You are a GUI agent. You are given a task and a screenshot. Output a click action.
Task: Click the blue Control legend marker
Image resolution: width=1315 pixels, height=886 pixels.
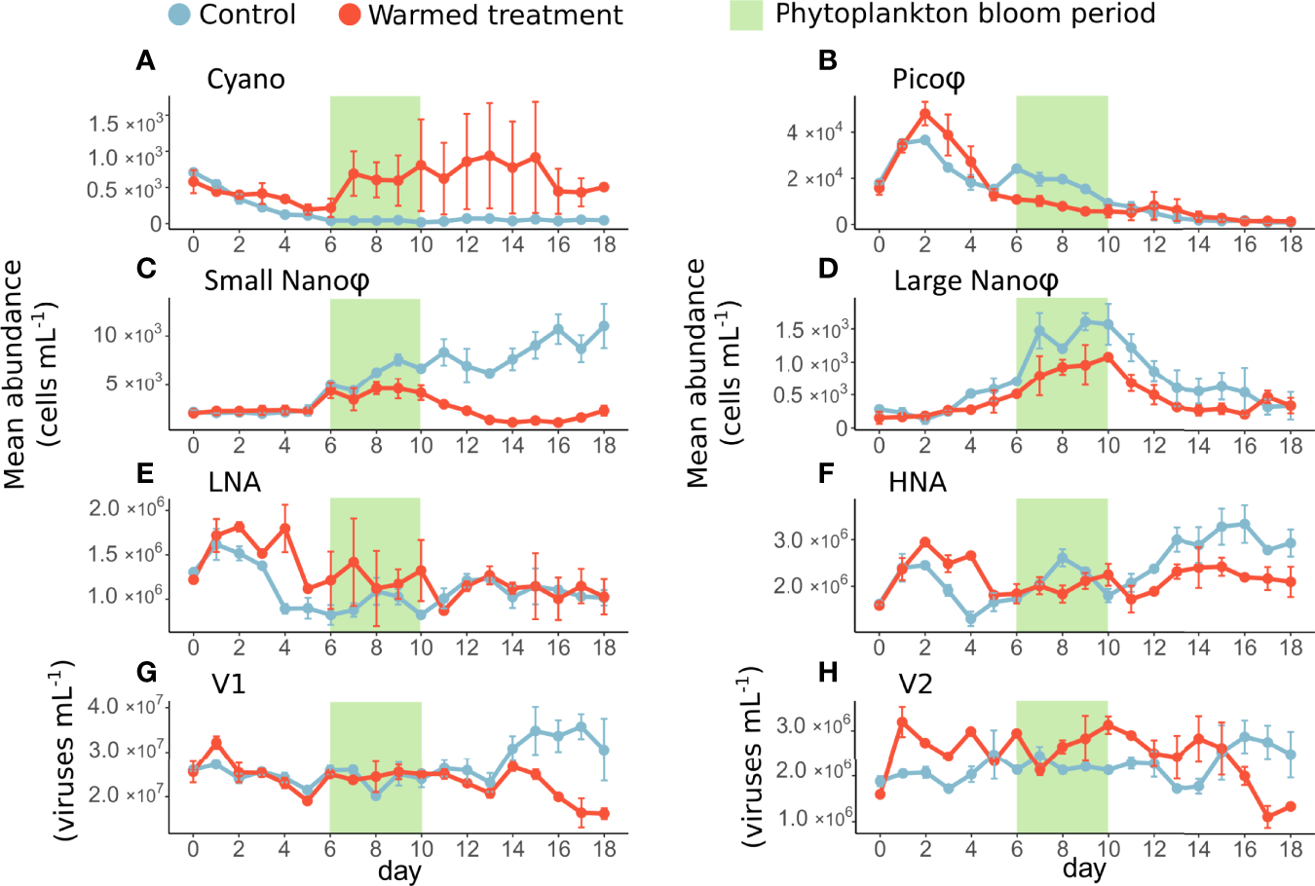coord(178,15)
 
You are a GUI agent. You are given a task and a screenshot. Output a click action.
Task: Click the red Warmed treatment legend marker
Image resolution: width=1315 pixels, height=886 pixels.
coord(350,15)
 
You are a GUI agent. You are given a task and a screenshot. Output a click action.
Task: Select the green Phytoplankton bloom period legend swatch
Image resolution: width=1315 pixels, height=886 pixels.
coord(746,15)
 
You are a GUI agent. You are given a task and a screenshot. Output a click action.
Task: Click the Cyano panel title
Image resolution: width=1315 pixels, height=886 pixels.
coord(245,79)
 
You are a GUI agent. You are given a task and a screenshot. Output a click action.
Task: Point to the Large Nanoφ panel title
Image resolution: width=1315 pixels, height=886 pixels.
coord(976,281)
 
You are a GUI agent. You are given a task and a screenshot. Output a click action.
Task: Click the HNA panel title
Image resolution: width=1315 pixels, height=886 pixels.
coord(917,482)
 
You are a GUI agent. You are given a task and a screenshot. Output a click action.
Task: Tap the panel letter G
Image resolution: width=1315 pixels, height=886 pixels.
coord(146,672)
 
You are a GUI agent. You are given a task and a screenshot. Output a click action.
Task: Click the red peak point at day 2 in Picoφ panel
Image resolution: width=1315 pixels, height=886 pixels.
coord(925,113)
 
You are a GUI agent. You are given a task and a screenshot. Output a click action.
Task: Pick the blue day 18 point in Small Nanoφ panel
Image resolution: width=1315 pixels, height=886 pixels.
coord(604,326)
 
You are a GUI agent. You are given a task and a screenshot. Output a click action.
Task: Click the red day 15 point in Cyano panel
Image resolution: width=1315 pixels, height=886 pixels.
coord(536,157)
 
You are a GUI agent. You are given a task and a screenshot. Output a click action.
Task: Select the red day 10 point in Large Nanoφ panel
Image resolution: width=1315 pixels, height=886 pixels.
coord(1108,357)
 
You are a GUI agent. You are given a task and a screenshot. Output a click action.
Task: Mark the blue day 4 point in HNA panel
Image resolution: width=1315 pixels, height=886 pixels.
coord(971,618)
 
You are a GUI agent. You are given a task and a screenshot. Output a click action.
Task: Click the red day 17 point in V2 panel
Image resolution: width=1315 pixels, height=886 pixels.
coord(1268,816)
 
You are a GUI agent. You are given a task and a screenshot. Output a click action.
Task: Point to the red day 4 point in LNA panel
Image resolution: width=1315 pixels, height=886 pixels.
coord(285,529)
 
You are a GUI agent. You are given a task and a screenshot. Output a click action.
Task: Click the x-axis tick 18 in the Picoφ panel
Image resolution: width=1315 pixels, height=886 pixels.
coord(1291,244)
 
